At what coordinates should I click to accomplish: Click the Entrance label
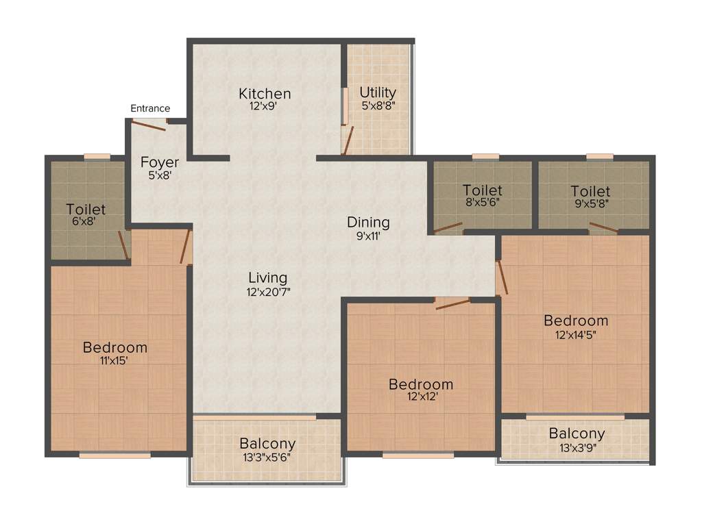pyautogui.click(x=150, y=108)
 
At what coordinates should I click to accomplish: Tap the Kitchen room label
pyautogui.click(x=265, y=94)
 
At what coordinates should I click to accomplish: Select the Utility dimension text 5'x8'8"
pyautogui.click(x=378, y=106)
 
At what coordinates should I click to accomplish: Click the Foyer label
pyautogui.click(x=160, y=163)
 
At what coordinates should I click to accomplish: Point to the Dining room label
pyautogui.click(x=368, y=223)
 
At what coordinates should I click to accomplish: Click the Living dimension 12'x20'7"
pyautogui.click(x=267, y=292)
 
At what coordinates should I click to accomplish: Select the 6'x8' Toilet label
pyautogui.click(x=86, y=209)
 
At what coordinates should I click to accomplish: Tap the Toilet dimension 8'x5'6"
pyautogui.click(x=482, y=203)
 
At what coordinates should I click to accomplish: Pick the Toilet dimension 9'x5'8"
pyautogui.click(x=590, y=203)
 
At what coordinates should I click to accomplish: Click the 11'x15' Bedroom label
pyautogui.click(x=114, y=347)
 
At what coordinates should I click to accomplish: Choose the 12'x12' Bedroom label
pyautogui.click(x=420, y=384)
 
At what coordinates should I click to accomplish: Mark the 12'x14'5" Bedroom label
pyautogui.click(x=576, y=321)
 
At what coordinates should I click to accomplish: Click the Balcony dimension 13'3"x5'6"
pyautogui.click(x=267, y=458)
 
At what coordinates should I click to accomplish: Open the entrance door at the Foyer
pyautogui.click(x=149, y=126)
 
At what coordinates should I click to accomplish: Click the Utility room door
pyautogui.click(x=348, y=140)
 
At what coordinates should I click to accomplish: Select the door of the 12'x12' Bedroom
pyautogui.click(x=452, y=303)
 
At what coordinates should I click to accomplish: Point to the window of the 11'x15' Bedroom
pyautogui.click(x=114, y=454)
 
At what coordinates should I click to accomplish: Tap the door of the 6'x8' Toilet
pyautogui.click(x=123, y=245)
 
